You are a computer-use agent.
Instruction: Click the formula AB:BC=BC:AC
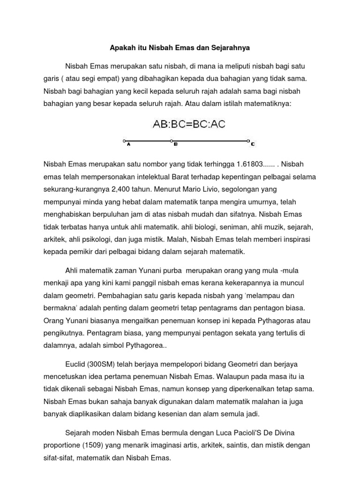[189, 124]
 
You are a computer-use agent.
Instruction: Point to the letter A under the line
[128, 145]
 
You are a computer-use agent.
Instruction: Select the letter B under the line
[175, 145]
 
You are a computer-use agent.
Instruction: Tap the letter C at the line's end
[253, 144]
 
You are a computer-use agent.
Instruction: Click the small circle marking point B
[172, 140]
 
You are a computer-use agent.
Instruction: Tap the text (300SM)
[105, 364]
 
